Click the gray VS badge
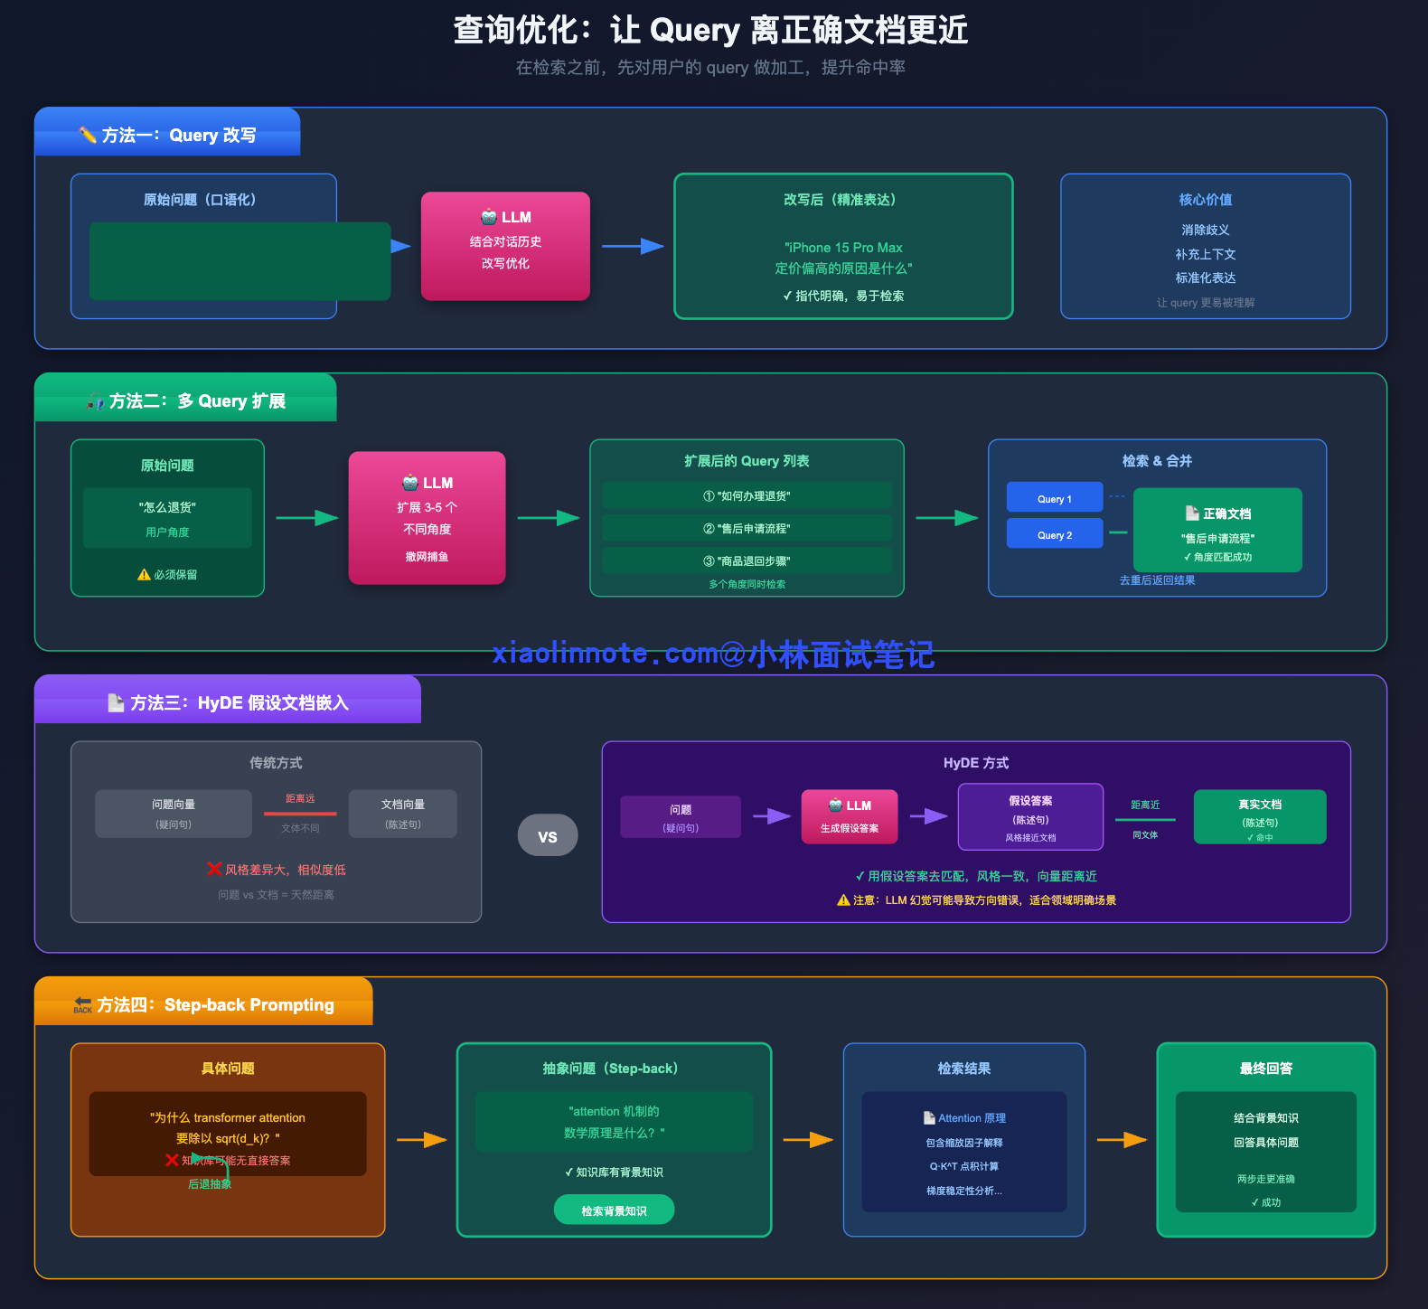click(547, 835)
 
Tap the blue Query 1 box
click(1055, 498)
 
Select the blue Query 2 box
click(1055, 534)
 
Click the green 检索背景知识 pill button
click(614, 1210)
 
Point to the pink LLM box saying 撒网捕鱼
click(427, 518)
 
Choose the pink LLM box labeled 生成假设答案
click(849, 816)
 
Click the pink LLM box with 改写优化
click(505, 245)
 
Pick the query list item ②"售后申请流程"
click(747, 528)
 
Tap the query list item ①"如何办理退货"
click(747, 495)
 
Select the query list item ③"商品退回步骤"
click(747, 560)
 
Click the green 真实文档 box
click(1260, 816)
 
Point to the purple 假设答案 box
click(1030, 816)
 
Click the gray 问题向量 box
click(174, 813)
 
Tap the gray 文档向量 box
click(403, 813)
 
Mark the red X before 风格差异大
click(214, 869)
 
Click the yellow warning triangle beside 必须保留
click(144, 574)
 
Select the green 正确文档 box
click(1217, 530)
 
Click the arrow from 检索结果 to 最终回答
click(1121, 1140)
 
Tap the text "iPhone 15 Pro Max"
click(843, 247)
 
